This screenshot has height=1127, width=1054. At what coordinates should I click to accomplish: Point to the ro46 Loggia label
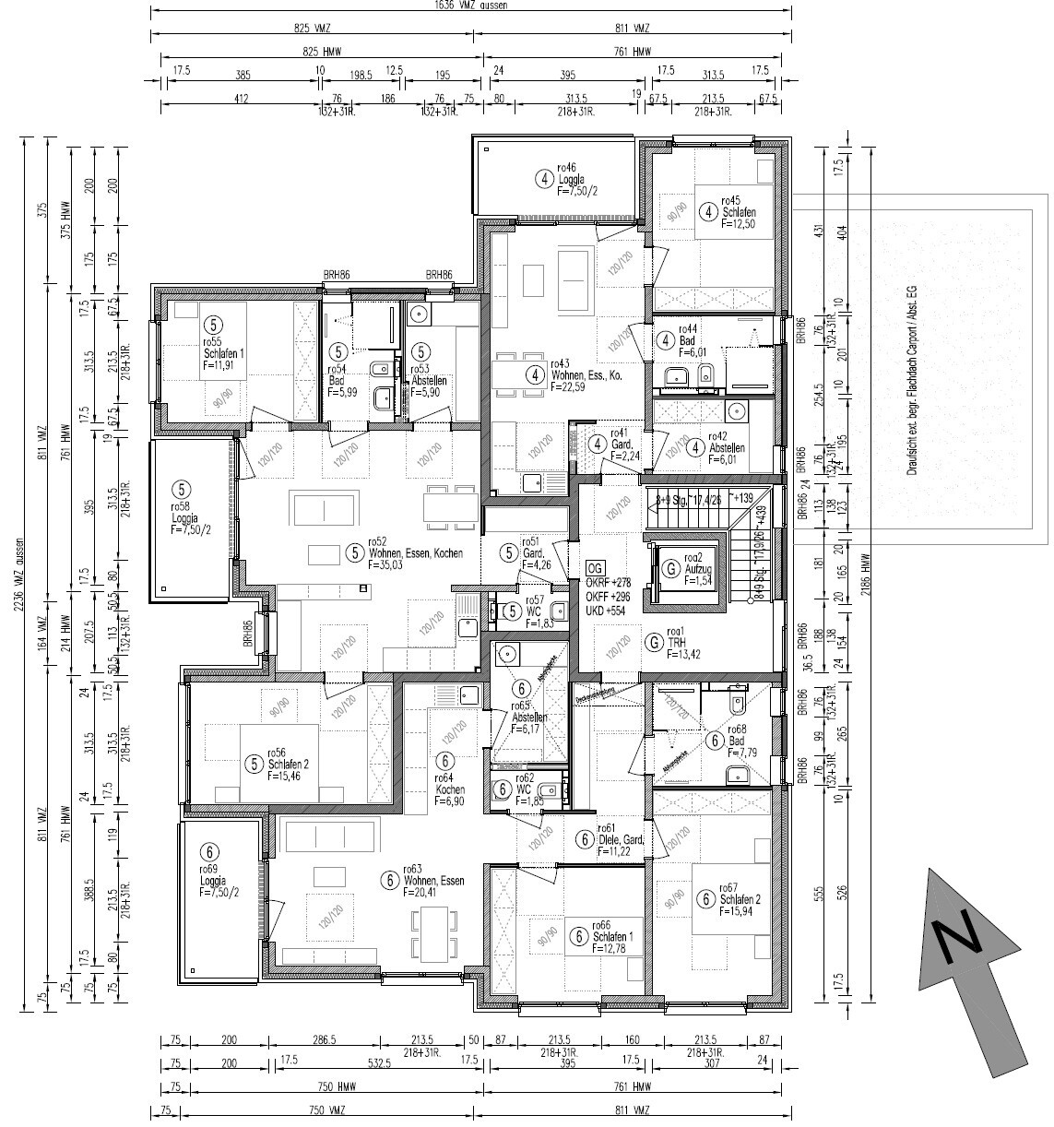click(x=577, y=180)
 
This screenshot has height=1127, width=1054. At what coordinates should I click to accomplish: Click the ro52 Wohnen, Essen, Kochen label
click(x=414, y=553)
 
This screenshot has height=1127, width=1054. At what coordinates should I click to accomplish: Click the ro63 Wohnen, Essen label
click(x=432, y=881)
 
